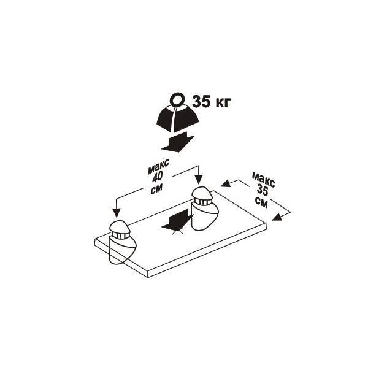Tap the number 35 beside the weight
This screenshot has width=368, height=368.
(201, 102)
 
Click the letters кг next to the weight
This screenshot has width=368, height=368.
(223, 103)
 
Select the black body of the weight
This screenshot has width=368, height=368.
(178, 118)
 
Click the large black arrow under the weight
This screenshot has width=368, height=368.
(178, 142)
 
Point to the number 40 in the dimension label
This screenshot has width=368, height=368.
(158, 177)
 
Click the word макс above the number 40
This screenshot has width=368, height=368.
(159, 166)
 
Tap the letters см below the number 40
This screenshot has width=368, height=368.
(156, 188)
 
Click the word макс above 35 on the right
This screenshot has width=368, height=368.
(263, 180)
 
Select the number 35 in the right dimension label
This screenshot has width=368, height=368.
(263, 190)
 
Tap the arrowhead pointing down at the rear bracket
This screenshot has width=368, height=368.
(199, 180)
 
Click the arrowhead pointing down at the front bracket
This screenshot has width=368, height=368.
(117, 213)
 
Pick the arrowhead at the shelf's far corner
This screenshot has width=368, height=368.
(226, 183)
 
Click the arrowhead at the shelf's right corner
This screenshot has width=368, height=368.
(277, 217)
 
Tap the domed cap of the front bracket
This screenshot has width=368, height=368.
(120, 226)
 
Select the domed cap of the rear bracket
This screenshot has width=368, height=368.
(202, 193)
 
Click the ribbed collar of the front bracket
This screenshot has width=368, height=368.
(121, 236)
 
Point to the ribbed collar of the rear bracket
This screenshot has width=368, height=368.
(202, 202)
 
